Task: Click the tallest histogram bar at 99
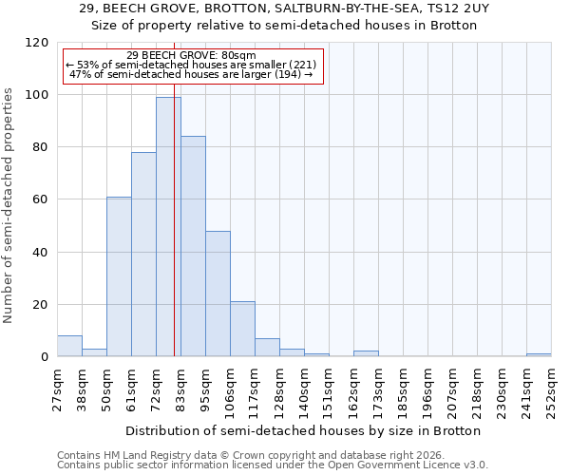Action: coord(168,228)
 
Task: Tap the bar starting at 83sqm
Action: coord(193,247)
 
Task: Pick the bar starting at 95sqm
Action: coord(218,294)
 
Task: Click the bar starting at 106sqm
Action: coord(242,330)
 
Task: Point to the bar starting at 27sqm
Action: coord(69,347)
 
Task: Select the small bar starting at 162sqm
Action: coord(366,354)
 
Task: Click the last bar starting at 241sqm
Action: coord(539,355)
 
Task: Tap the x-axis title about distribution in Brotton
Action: coord(303,430)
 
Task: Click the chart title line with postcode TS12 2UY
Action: coord(284,9)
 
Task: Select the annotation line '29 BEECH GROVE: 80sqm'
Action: coord(191,56)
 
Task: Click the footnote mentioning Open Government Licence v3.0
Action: coord(272,465)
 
